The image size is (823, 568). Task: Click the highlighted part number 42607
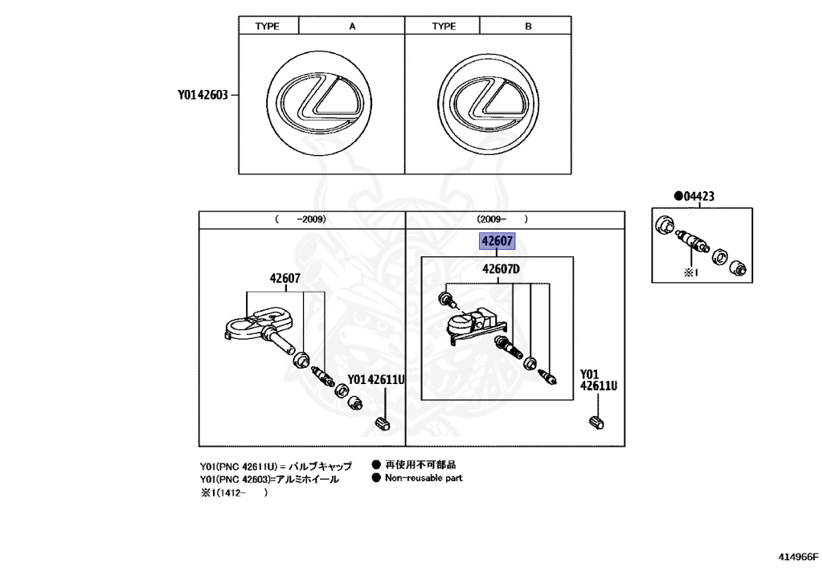tap(497, 241)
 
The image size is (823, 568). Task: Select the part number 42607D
tap(502, 269)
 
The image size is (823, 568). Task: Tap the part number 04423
tap(698, 195)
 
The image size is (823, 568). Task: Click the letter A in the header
tap(351, 26)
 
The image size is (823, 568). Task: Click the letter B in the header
tap(528, 26)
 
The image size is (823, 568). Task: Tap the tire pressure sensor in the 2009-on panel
tap(475, 326)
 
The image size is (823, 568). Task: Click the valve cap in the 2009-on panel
tap(596, 422)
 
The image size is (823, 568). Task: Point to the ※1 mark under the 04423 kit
tap(692, 272)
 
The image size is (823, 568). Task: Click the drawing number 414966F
tap(797, 556)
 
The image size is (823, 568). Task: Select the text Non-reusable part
tap(424, 478)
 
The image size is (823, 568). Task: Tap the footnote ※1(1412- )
tap(234, 493)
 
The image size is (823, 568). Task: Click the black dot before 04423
tap(678, 195)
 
